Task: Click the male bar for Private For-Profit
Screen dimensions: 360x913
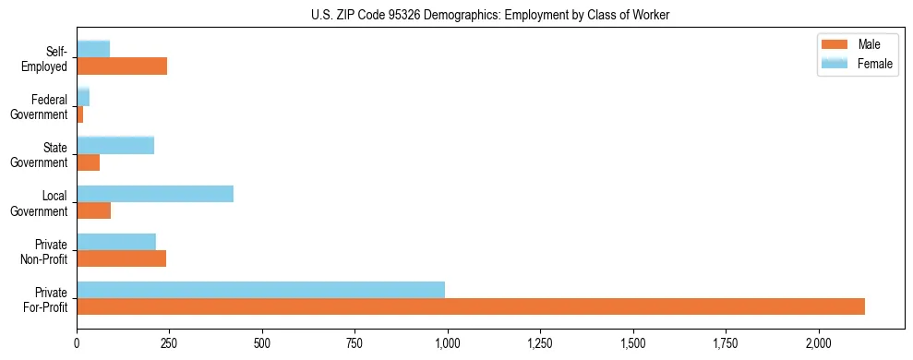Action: (x=471, y=306)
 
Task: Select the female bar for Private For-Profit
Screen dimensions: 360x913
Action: (x=260, y=290)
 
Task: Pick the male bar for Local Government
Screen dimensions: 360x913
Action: (x=93, y=210)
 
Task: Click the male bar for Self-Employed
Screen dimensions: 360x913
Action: (x=122, y=66)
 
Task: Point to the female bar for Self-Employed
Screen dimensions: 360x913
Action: (x=93, y=49)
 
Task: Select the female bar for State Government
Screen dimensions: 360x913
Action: (x=115, y=146)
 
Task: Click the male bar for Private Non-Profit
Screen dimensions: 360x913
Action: (x=121, y=258)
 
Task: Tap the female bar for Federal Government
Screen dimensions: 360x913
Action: (x=83, y=97)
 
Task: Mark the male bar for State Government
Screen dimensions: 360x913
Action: (x=88, y=162)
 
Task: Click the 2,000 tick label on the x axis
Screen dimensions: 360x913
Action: (x=819, y=342)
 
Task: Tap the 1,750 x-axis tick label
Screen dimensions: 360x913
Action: (x=726, y=342)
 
